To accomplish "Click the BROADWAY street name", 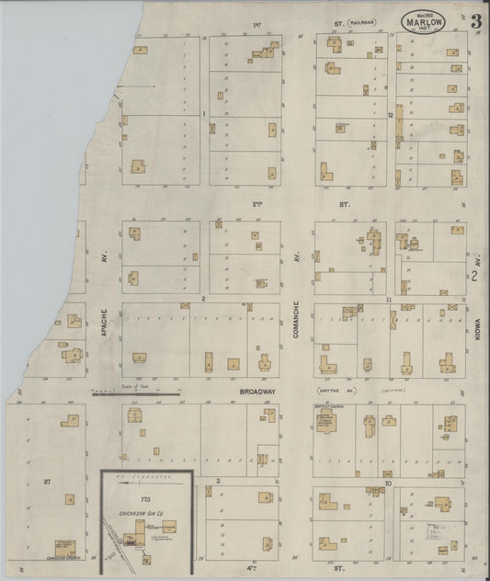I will (258, 392).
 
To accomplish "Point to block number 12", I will (390, 114).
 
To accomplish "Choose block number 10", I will (389, 482).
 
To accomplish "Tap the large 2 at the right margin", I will (474, 275).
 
